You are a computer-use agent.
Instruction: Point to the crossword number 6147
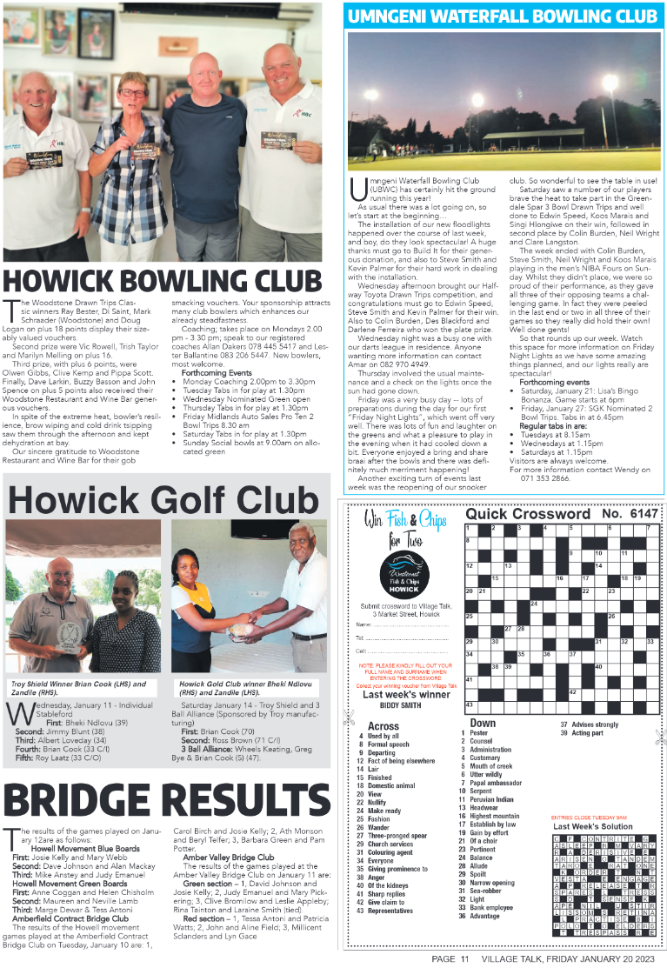tap(644, 514)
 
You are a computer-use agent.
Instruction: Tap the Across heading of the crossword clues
tap(384, 725)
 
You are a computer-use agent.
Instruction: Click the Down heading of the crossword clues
tap(483, 722)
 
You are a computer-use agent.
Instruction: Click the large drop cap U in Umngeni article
tap(354, 188)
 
